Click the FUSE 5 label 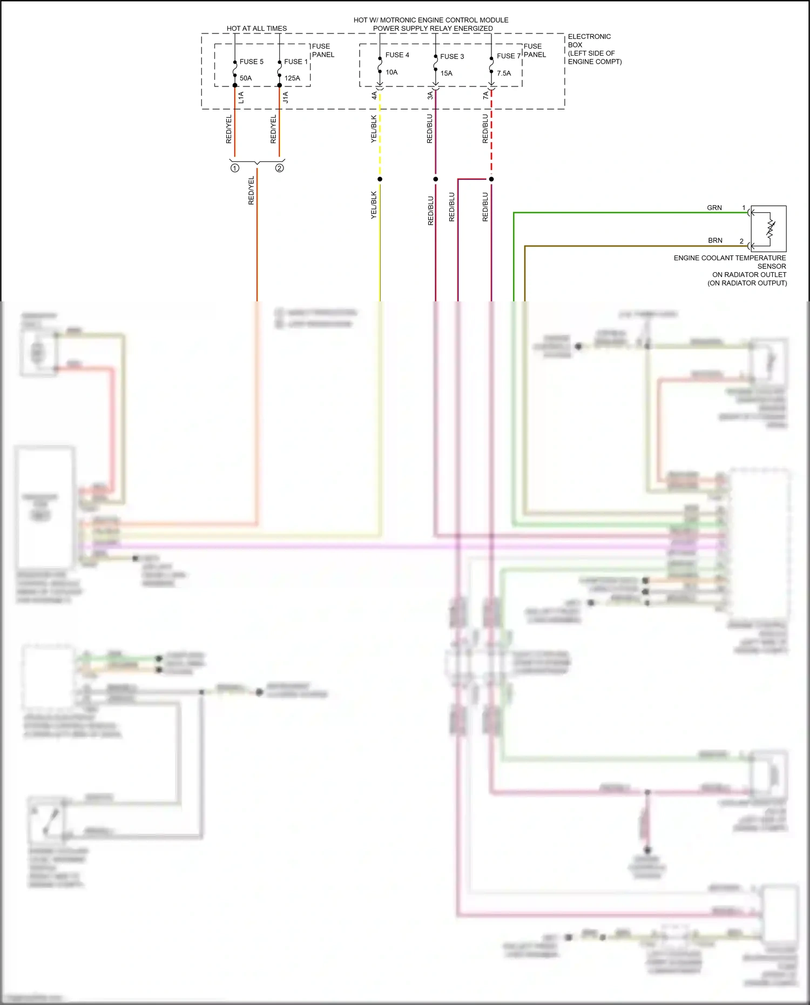pos(252,62)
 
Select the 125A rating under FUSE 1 pos(292,78)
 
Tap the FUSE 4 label pos(397,55)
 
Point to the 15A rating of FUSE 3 pos(446,73)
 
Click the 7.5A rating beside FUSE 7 pos(503,73)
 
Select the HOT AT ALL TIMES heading pos(256,29)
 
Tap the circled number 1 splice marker pos(235,168)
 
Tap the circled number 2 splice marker pos(280,168)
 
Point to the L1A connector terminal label pos(241,98)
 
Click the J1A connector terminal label pos(286,98)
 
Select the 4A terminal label pos(374,96)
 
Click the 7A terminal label pos(485,96)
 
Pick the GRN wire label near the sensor pos(714,208)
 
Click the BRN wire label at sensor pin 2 pos(715,241)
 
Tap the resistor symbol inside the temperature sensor pos(771,229)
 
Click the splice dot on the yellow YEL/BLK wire pos(380,179)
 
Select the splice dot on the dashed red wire pos(491,179)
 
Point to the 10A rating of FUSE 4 pos(391,72)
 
